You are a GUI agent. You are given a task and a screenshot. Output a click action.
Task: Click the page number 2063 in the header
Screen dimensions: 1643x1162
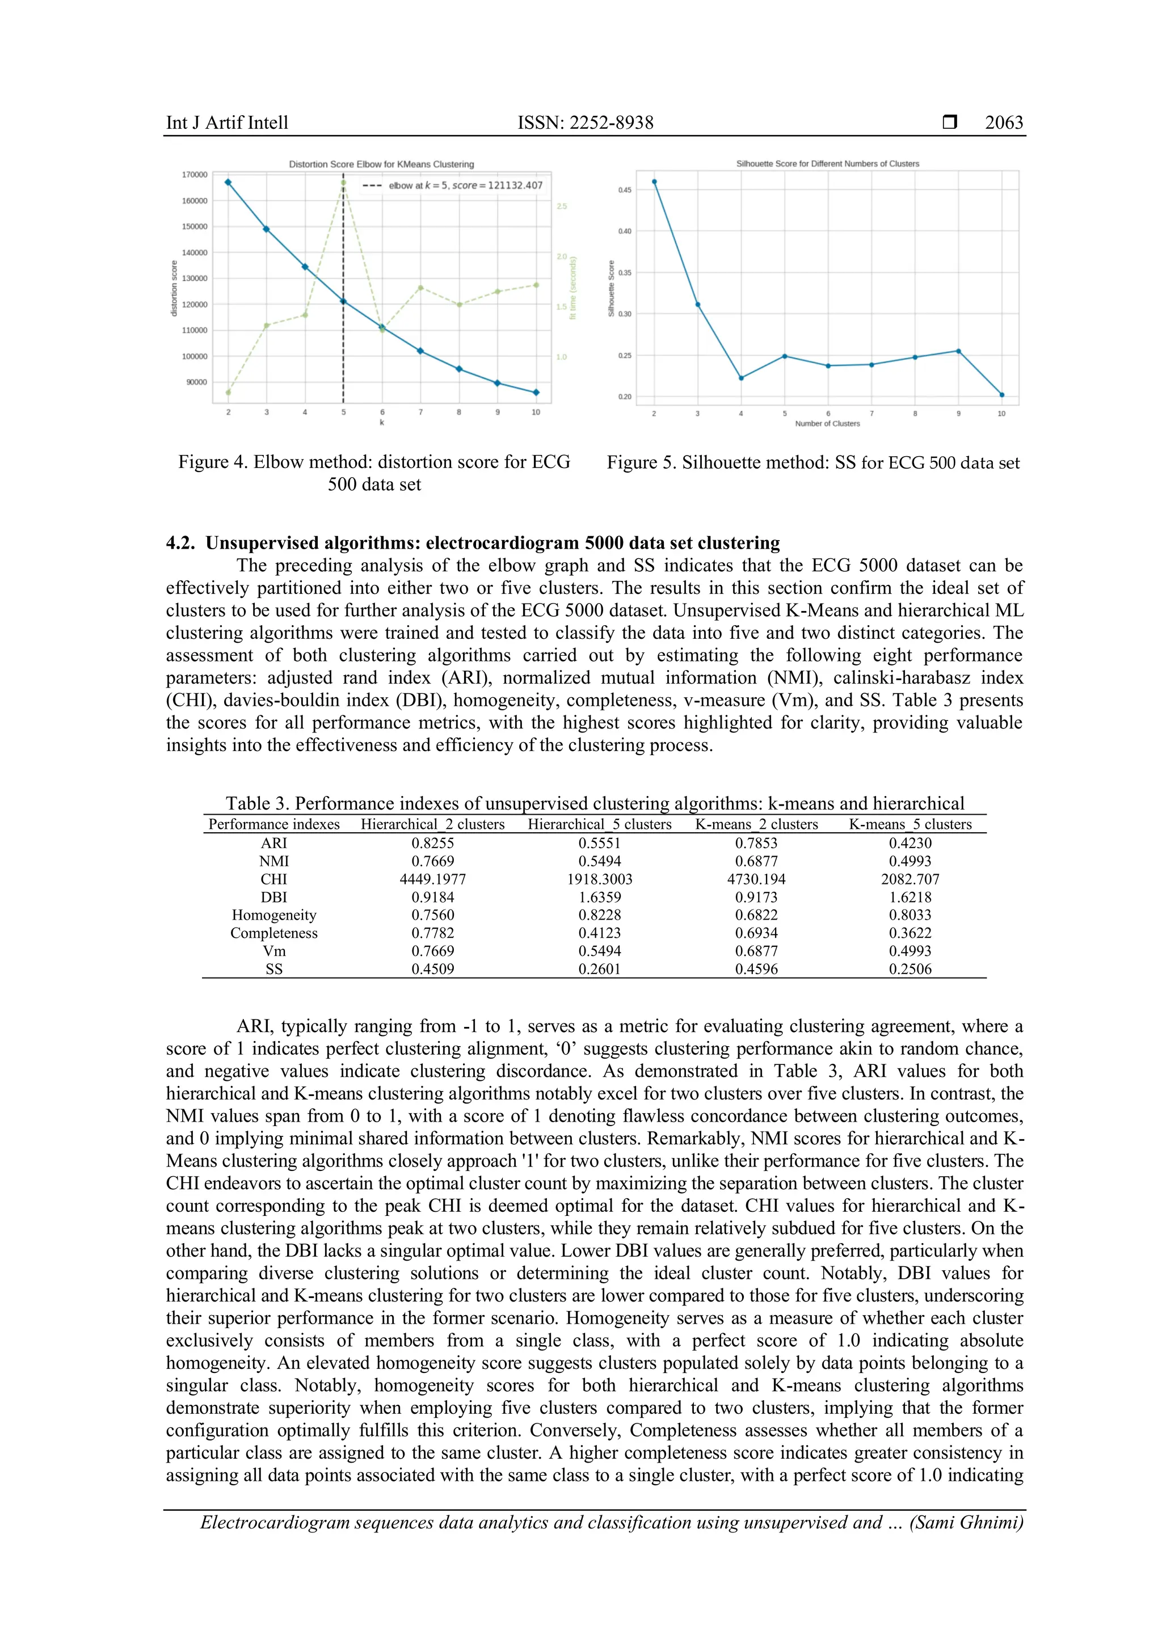[x=1003, y=123]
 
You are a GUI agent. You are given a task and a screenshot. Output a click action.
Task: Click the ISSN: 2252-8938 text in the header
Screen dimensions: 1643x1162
[x=586, y=123]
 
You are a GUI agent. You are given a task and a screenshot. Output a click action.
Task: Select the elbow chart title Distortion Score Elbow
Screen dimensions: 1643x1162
[x=381, y=164]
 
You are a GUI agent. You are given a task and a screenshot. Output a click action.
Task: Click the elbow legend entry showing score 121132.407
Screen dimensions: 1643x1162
[x=465, y=186]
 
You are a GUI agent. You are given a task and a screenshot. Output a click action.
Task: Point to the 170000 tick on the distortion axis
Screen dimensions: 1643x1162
[x=195, y=175]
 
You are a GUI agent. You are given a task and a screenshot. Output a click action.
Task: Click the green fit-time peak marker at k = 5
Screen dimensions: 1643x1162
[x=343, y=183]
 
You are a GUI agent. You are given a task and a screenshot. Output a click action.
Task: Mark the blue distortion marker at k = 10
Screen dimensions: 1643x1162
[x=536, y=392]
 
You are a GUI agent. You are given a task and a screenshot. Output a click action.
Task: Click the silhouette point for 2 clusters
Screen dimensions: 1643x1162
[x=654, y=182]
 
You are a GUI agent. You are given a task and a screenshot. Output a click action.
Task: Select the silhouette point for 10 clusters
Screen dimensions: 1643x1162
[x=1002, y=395]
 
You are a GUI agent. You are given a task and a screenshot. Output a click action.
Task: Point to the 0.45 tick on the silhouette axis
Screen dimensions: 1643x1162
[x=625, y=191]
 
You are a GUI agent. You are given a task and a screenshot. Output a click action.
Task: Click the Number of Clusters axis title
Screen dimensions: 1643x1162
[x=827, y=424]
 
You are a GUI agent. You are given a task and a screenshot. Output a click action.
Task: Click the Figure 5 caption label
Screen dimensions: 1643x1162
[x=641, y=462]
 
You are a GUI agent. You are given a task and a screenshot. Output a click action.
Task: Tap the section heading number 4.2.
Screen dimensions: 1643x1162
[x=180, y=543]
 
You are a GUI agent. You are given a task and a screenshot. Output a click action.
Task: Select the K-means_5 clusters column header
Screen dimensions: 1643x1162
[x=910, y=824]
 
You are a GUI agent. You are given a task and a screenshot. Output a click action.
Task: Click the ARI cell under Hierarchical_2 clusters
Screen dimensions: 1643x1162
[x=432, y=843]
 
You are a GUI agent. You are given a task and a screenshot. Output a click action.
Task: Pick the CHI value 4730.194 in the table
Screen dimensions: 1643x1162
[x=756, y=879]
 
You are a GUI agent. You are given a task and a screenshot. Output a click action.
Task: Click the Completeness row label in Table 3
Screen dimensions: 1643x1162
[x=273, y=933]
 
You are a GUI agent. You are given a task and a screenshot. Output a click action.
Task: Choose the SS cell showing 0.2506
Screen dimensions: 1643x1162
[x=910, y=969]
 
